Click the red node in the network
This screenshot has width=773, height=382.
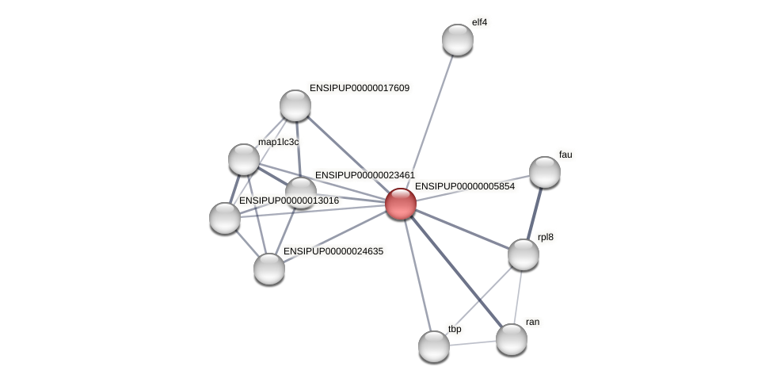click(401, 204)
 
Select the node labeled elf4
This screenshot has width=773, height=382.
click(457, 40)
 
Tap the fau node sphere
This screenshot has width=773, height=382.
click(544, 172)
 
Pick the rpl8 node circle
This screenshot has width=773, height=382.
click(523, 254)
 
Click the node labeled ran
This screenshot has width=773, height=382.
click(511, 339)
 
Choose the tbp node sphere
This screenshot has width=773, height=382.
click(433, 346)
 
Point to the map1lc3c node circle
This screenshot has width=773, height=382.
click(244, 159)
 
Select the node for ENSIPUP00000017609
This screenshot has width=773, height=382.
click(295, 105)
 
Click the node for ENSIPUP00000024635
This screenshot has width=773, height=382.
click(269, 268)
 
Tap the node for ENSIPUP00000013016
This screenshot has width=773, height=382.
click(225, 218)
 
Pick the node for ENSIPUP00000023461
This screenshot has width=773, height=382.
click(301, 190)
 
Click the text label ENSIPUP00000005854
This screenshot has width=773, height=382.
click(464, 187)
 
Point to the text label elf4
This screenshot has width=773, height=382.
click(479, 22)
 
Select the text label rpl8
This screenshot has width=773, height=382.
click(545, 237)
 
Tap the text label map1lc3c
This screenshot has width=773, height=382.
click(279, 142)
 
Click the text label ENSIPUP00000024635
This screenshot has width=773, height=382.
click(333, 251)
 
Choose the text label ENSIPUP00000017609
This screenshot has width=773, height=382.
click(360, 88)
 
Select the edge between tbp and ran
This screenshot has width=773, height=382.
click(473, 342)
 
